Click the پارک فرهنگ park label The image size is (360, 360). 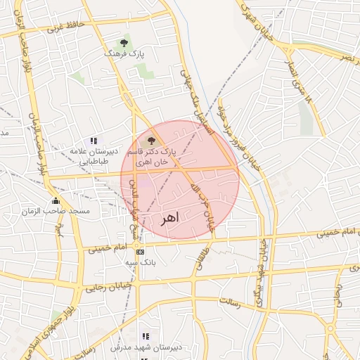pyautogui.click(x=124, y=53)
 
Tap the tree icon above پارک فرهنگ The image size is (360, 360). pyautogui.click(x=124, y=44)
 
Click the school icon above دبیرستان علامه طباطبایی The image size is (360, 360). pyautogui.click(x=94, y=142)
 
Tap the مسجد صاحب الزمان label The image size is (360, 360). pyautogui.click(x=56, y=211)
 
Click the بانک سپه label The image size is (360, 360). pyautogui.click(x=140, y=262)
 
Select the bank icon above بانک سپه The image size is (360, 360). pyautogui.click(x=140, y=252)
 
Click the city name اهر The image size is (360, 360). pyautogui.click(x=169, y=218)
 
